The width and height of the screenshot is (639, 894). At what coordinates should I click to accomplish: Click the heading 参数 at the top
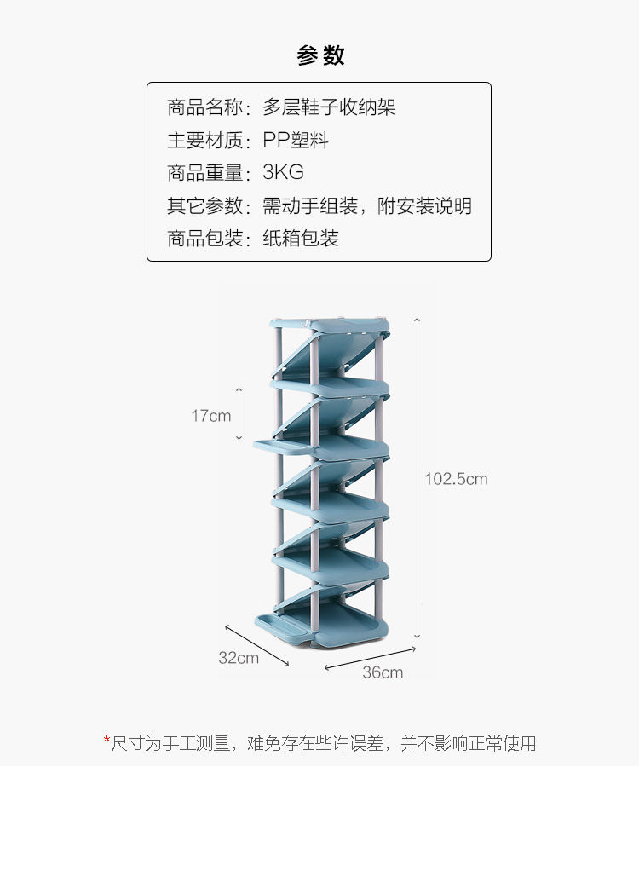pyautogui.click(x=320, y=56)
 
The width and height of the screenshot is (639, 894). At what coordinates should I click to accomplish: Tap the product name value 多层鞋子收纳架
pyautogui.click(x=330, y=107)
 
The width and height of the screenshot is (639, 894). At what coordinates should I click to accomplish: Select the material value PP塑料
pyautogui.click(x=296, y=140)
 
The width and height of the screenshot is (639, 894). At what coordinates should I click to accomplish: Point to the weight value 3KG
pyautogui.click(x=284, y=172)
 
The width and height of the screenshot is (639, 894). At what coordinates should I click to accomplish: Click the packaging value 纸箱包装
pyautogui.click(x=301, y=239)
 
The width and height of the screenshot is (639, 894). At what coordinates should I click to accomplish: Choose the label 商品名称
pyautogui.click(x=205, y=107)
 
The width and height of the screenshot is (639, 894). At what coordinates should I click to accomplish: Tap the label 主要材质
pyautogui.click(x=205, y=140)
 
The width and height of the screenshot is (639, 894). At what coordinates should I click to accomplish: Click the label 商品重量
pyautogui.click(x=205, y=172)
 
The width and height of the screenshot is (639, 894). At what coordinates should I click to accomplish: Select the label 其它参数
pyautogui.click(x=205, y=205)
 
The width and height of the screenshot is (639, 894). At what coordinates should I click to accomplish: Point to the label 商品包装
pyautogui.click(x=205, y=239)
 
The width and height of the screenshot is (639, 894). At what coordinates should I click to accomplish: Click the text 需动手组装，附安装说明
pyautogui.click(x=367, y=205)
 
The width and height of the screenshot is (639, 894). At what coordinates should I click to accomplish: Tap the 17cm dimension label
pyautogui.click(x=210, y=416)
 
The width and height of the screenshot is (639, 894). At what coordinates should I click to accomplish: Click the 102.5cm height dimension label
pyautogui.click(x=456, y=479)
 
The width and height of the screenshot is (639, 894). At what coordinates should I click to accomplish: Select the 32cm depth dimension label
pyautogui.click(x=239, y=657)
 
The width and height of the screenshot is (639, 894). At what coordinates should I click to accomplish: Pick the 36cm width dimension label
pyautogui.click(x=383, y=672)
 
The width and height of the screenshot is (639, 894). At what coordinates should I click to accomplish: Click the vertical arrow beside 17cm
pyautogui.click(x=240, y=414)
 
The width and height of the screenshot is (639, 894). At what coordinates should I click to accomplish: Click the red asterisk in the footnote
pyautogui.click(x=107, y=741)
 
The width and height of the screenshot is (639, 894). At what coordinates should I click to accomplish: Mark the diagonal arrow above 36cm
pyautogui.click(x=370, y=658)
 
